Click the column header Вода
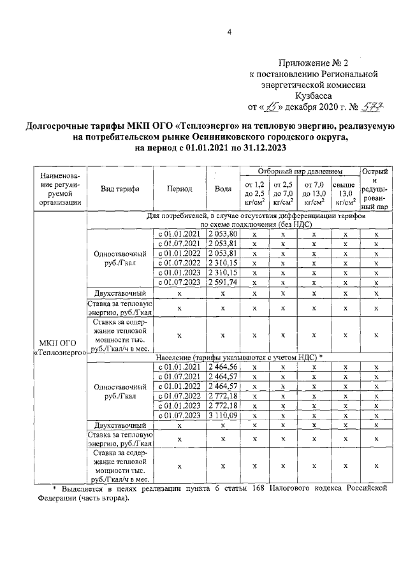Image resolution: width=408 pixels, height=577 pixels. (x=223, y=189)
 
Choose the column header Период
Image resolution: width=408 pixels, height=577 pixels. (x=180, y=189)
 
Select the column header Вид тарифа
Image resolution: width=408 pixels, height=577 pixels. (x=120, y=189)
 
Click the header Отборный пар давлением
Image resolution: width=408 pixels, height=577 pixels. (x=300, y=172)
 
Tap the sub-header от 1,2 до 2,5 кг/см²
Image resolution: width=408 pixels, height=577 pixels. (x=255, y=194)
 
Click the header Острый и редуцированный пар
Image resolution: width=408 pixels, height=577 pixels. (x=376, y=189)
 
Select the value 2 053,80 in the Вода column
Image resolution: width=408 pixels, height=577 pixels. (x=223, y=234)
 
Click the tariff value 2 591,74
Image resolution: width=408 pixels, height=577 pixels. (x=223, y=282)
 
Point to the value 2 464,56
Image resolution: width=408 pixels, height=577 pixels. (x=223, y=368)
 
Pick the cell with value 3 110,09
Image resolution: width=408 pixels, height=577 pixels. (x=223, y=416)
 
